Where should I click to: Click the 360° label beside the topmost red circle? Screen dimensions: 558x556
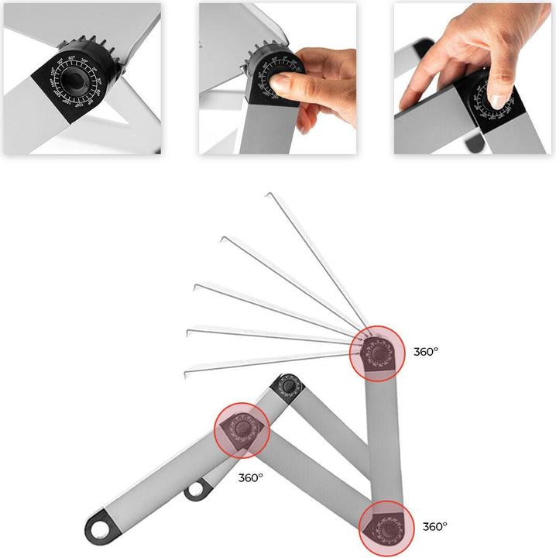pyautogui.click(x=425, y=351)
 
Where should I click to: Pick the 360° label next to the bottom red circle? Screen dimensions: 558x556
pyautogui.click(x=434, y=526)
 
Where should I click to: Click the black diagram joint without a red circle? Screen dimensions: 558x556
pyautogui.click(x=288, y=385)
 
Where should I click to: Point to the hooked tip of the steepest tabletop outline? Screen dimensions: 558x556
pyautogui.click(x=268, y=197)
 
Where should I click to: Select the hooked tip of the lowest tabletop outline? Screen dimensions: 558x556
pyautogui.click(x=187, y=370)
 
